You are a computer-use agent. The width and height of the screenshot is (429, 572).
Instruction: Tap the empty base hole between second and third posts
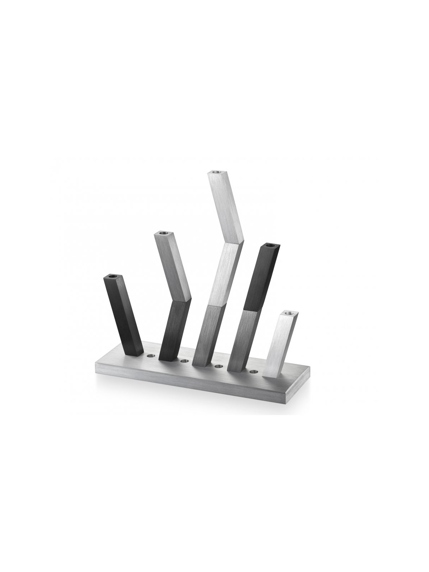pos(184,361)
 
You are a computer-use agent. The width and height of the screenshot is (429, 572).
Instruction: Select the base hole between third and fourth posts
pos(218,366)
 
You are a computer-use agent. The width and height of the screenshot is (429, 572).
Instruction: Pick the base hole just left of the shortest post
pos(253,372)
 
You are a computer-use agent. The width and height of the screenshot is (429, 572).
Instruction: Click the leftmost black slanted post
pos(123,315)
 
